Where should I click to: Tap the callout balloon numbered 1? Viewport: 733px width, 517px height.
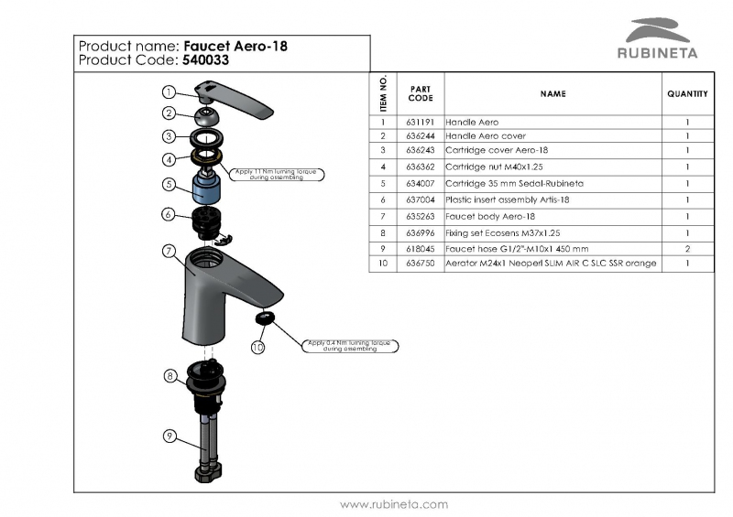pos(170,92)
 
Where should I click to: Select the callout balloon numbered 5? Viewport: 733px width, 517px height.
pos(170,184)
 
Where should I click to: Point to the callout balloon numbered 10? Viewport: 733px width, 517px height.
pos(257,347)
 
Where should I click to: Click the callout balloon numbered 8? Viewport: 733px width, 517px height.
pos(170,375)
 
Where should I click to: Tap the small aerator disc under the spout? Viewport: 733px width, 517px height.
pos(265,318)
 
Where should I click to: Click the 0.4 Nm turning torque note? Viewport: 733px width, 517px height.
pos(349,345)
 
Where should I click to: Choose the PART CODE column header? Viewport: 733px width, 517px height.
pos(421,93)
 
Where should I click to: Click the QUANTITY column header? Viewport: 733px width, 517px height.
pos(687,93)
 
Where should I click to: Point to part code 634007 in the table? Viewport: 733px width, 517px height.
pos(421,184)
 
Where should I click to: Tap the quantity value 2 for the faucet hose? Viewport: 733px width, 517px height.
pos(687,248)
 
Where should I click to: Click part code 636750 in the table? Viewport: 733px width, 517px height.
pos(421,264)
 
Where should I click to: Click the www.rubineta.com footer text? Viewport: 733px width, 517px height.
pos(394,504)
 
